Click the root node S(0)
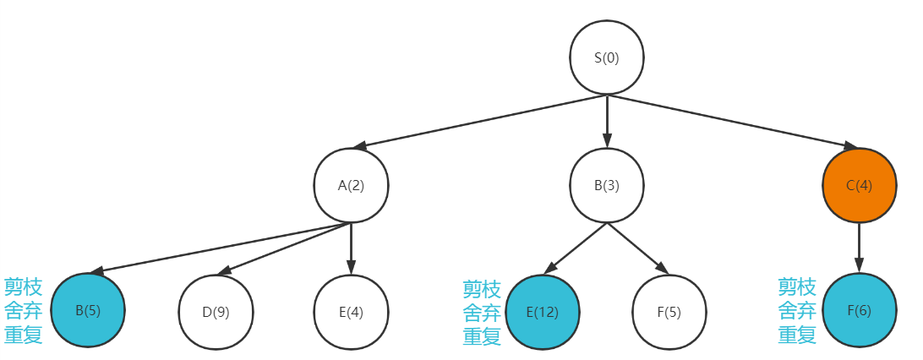coord(606,58)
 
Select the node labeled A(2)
coord(351,186)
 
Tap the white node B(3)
coord(606,186)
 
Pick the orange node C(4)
coord(859,186)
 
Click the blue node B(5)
coord(88,310)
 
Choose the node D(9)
coord(216,311)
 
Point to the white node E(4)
coord(351,311)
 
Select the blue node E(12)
coord(543,311)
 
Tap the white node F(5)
coord(669,311)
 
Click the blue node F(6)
coord(859,311)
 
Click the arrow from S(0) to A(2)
coord(479,122)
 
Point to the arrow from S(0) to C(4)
coord(732,122)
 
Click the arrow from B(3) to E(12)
coord(575,248)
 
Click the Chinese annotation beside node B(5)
coord(23,310)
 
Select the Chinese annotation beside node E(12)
coord(482,313)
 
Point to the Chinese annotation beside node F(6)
coord(797,310)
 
